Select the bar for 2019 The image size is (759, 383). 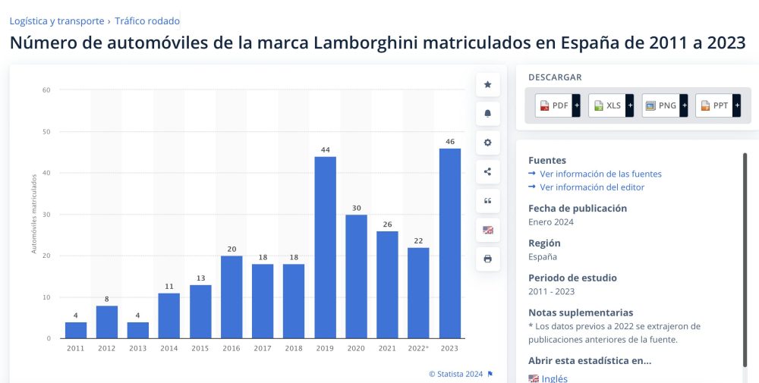click(325, 246)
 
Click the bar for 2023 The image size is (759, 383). click(449, 243)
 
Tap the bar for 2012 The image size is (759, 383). click(107, 322)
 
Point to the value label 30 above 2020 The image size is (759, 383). click(356, 208)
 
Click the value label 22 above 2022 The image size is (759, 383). click(418, 240)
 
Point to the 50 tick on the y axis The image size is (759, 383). click(46, 132)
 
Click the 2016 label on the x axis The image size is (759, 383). click(231, 347)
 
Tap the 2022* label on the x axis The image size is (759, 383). click(418, 347)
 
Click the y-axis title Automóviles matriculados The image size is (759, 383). click(34, 214)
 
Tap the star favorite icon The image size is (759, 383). click(487, 85)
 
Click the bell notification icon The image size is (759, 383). click(487, 114)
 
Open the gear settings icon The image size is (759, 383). click(487, 143)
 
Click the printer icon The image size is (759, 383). click(487, 259)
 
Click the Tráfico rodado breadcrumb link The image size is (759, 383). click(147, 21)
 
